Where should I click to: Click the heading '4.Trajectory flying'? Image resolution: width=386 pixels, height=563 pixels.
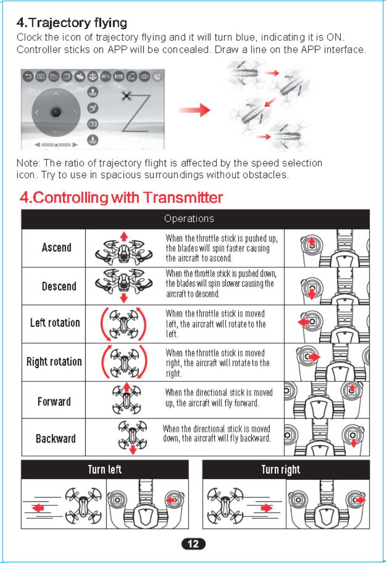click(x=71, y=23)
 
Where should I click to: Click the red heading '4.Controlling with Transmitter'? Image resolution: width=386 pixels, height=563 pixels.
click(x=121, y=197)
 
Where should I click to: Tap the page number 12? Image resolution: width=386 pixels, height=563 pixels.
click(x=193, y=544)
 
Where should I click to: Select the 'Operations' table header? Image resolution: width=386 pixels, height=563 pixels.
click(x=189, y=219)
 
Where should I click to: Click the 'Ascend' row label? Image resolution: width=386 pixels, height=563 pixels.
click(x=56, y=248)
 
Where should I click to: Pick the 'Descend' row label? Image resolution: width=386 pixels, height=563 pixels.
click(x=59, y=286)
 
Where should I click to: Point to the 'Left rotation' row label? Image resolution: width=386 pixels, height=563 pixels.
click(x=55, y=323)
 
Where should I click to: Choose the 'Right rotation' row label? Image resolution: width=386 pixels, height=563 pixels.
click(x=54, y=361)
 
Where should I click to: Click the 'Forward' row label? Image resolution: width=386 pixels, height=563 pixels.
click(x=54, y=402)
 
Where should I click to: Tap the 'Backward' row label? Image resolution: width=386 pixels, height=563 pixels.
click(x=55, y=438)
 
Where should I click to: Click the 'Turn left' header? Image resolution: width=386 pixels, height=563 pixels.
click(x=105, y=469)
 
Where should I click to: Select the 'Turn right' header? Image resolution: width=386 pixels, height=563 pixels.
click(x=281, y=469)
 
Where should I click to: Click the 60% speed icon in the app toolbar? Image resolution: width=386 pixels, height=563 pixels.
click(x=105, y=77)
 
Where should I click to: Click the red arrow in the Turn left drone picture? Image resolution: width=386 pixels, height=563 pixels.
click(x=38, y=508)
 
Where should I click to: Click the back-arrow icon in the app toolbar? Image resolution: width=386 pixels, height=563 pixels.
click(x=28, y=77)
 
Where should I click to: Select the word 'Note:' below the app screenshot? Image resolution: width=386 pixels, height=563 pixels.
click(x=28, y=163)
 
